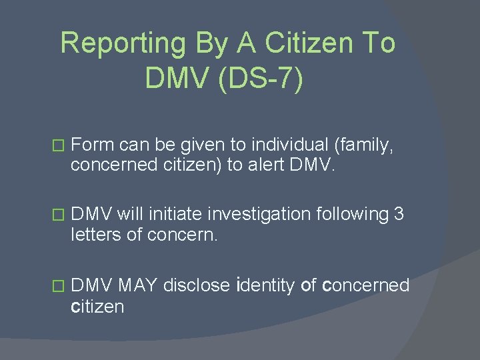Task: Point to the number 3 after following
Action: click(x=399, y=215)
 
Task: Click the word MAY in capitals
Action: click(x=137, y=286)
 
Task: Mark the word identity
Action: click(x=266, y=286)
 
